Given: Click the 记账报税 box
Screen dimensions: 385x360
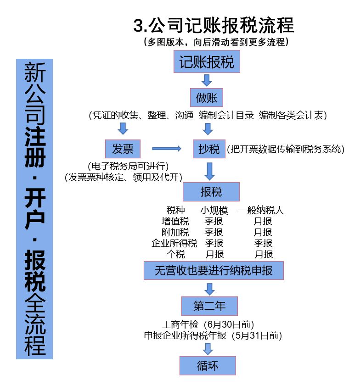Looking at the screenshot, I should [x=207, y=62].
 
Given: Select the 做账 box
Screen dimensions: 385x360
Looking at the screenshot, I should [x=207, y=98].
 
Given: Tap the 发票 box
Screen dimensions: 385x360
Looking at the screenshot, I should [x=122, y=149].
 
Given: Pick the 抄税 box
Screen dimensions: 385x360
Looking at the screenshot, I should [x=209, y=149].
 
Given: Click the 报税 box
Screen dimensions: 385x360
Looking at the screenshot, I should [x=211, y=191].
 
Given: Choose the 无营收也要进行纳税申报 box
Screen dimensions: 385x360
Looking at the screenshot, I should [x=214, y=270].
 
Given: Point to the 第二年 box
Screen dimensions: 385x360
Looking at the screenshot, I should [x=209, y=306].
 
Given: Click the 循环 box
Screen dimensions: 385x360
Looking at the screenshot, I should [x=208, y=366].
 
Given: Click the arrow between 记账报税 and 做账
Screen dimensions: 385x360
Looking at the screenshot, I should [x=207, y=80].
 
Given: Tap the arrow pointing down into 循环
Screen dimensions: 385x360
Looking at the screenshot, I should [x=208, y=349].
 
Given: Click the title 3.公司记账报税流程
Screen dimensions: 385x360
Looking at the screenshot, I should [x=214, y=25].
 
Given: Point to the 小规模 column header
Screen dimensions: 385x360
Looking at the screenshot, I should [x=214, y=211].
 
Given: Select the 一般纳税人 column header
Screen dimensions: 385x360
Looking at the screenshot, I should [x=261, y=211].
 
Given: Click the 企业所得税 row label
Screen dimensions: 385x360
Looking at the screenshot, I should [x=174, y=243].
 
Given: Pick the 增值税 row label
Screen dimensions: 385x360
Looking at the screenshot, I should [x=175, y=222].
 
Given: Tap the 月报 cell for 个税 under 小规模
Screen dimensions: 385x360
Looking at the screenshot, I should [x=214, y=254].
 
